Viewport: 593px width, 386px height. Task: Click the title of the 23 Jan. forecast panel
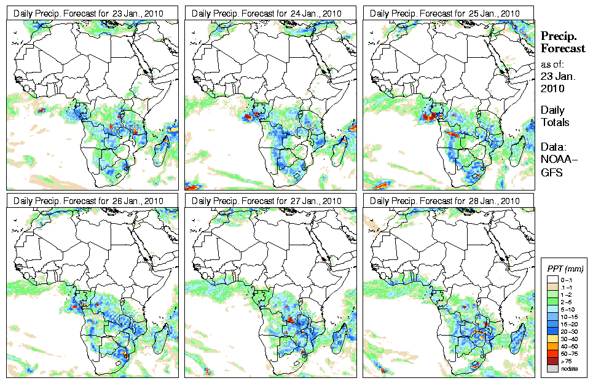click(x=89, y=14)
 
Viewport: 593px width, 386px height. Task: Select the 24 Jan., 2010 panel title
click(x=267, y=14)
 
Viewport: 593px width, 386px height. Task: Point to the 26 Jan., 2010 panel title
click(x=89, y=201)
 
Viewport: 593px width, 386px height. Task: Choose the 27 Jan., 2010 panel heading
click(x=267, y=201)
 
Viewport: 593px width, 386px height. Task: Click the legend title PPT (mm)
click(x=565, y=269)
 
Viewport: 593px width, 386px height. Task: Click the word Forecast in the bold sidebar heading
click(x=562, y=49)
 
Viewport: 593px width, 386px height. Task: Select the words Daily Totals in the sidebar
click(x=554, y=116)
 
